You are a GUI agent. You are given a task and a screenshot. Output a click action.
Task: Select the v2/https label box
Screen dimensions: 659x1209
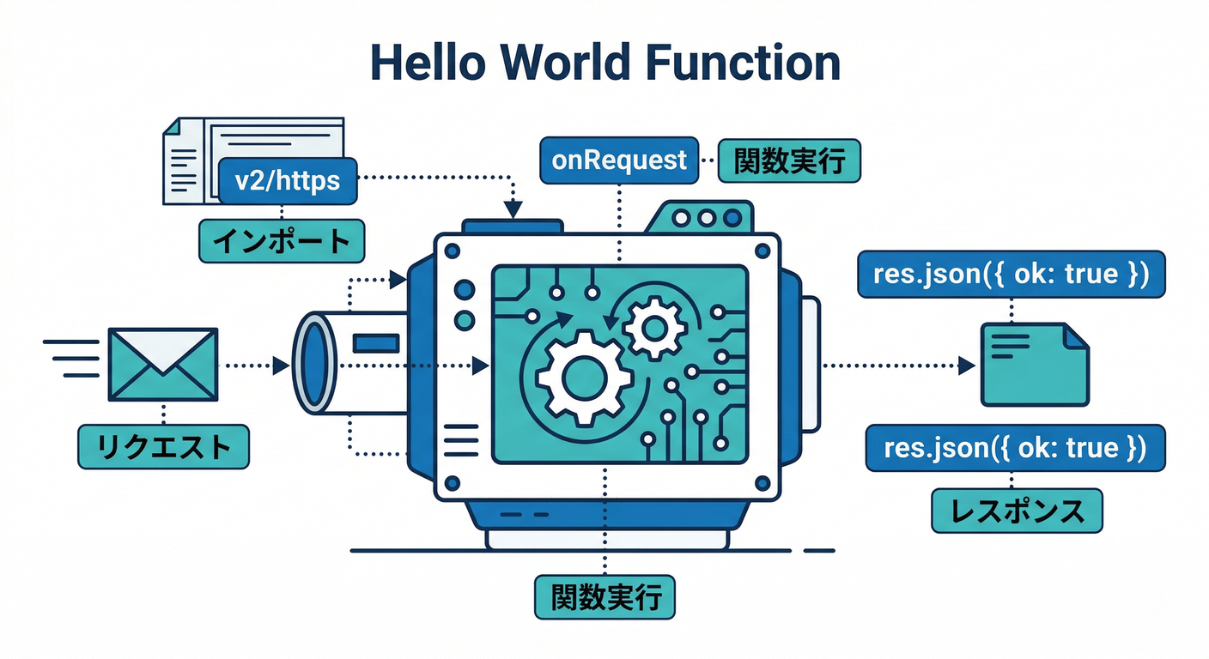coord(287,180)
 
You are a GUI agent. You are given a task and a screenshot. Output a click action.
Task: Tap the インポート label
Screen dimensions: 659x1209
coord(282,241)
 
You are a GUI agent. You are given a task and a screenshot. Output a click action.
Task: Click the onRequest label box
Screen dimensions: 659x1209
coord(619,160)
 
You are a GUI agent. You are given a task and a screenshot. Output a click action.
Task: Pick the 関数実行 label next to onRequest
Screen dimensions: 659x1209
coord(788,160)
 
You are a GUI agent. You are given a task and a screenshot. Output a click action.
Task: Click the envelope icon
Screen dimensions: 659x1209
coord(162,365)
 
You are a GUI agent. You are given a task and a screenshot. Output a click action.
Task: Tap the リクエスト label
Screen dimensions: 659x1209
coord(163,447)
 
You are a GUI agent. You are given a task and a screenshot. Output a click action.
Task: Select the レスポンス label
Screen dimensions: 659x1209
coord(1017,511)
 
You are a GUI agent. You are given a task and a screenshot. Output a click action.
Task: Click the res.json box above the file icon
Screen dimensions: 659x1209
coord(1011,275)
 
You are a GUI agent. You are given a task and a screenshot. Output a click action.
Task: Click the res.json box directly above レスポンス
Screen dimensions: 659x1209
coord(1016,447)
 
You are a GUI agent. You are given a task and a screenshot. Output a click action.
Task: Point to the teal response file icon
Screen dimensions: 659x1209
coord(1034,365)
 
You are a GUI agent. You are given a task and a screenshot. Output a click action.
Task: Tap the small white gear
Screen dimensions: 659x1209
coord(654,327)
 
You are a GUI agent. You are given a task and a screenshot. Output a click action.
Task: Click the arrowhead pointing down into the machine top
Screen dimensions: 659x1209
coord(513,209)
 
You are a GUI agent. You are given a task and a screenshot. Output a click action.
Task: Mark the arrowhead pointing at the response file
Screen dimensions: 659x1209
coord(966,366)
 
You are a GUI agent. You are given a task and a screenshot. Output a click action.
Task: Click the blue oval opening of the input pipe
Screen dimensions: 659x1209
coord(313,366)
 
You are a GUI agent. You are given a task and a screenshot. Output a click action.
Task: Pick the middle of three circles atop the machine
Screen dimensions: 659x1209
coord(706,218)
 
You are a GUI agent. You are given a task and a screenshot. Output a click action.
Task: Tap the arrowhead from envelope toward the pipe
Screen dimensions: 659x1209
coord(280,366)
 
